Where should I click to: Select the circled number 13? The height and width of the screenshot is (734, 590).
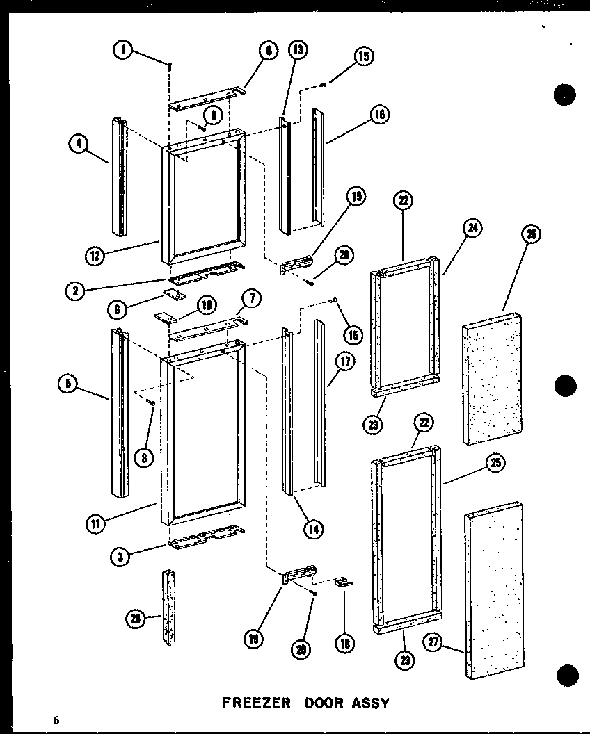click(x=298, y=50)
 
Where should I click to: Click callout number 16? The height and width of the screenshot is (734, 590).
click(x=379, y=115)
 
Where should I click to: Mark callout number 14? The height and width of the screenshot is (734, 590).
click(x=313, y=529)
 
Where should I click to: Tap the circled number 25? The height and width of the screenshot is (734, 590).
click(x=496, y=464)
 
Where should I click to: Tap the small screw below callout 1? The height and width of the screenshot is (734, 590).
click(x=169, y=65)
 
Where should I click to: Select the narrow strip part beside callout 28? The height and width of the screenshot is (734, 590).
click(x=169, y=607)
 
